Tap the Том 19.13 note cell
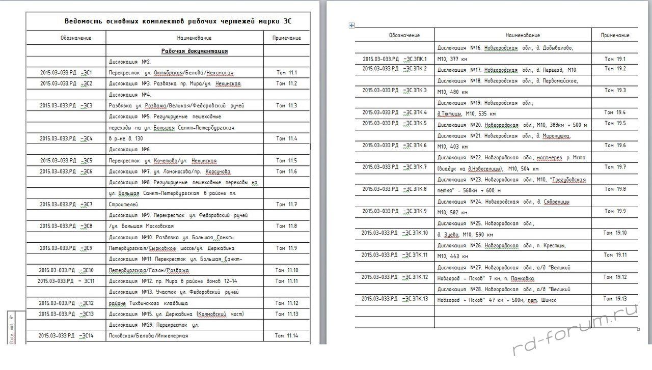tap(615, 299)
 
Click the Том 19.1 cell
tap(615, 59)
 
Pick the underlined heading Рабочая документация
tap(194, 51)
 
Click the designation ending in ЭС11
tap(66, 281)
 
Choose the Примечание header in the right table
tap(615, 35)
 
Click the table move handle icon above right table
tap(351, 25)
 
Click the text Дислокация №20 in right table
tap(459, 125)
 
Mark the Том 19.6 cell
tap(615, 146)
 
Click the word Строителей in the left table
tap(123, 204)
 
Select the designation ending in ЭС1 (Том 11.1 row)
tap(66, 73)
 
